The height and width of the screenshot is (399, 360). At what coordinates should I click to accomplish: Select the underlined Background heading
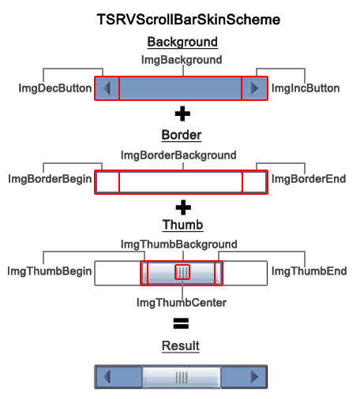click(x=182, y=42)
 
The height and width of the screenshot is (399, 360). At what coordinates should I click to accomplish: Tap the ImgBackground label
click(x=182, y=59)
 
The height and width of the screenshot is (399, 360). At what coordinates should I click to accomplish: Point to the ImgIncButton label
click(x=306, y=88)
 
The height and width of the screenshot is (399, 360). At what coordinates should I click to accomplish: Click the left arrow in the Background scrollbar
click(x=107, y=88)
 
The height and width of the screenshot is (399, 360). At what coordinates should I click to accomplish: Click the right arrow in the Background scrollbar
click(x=254, y=88)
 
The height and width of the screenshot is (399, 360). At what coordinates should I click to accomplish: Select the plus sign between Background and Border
click(x=182, y=114)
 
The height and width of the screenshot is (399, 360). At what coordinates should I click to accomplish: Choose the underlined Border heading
click(x=182, y=135)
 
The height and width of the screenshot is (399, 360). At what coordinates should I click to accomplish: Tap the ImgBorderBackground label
click(x=178, y=155)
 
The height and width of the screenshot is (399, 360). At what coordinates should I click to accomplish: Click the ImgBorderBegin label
click(x=49, y=179)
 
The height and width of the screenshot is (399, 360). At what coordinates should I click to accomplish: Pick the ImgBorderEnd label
click(x=309, y=179)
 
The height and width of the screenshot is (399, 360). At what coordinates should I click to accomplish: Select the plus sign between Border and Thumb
click(x=182, y=207)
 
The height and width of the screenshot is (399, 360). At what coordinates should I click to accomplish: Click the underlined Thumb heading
click(x=182, y=226)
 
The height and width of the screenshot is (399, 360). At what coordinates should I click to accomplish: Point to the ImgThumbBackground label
click(x=178, y=244)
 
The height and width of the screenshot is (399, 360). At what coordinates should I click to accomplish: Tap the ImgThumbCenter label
click(x=182, y=302)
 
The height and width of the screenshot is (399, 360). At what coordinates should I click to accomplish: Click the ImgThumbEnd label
click(x=309, y=271)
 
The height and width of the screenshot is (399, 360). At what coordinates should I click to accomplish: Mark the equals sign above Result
click(x=182, y=323)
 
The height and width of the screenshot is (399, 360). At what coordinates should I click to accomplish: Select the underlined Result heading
click(x=181, y=345)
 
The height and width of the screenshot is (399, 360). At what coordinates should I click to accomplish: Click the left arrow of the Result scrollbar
click(x=106, y=378)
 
